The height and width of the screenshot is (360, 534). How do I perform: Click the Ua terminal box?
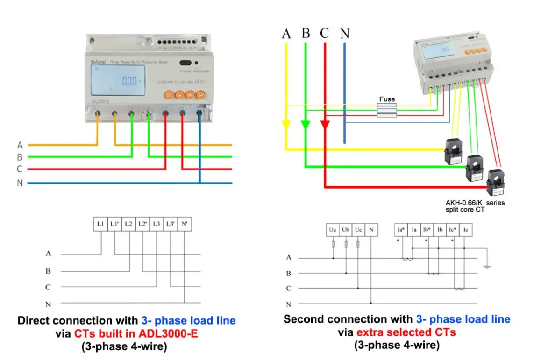(333, 230)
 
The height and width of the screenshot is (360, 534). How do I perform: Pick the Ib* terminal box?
(427, 230)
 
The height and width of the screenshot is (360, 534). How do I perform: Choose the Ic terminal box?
(465, 230)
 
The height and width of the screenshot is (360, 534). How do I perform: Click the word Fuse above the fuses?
(387, 99)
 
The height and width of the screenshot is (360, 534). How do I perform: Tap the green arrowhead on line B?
(305, 126)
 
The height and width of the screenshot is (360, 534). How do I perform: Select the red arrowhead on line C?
(325, 126)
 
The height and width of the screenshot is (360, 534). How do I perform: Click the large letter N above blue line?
(344, 34)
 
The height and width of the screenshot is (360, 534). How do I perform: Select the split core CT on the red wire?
(494, 183)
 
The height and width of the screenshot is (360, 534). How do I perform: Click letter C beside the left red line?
(20, 169)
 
